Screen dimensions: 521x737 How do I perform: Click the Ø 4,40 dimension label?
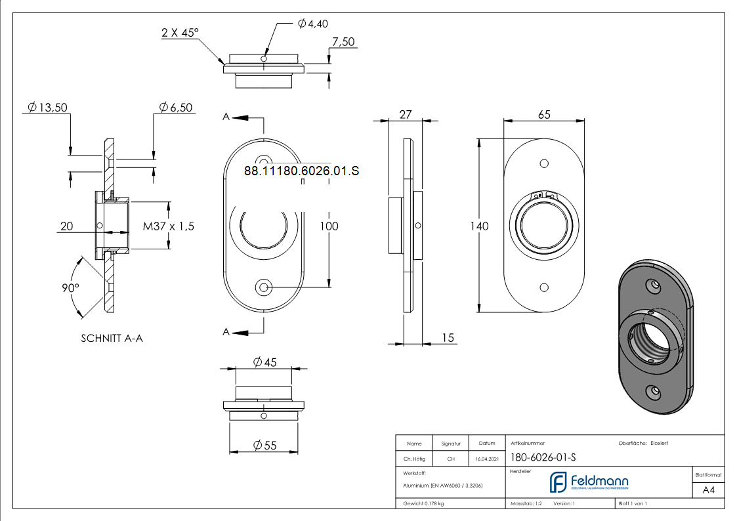click(x=312, y=24)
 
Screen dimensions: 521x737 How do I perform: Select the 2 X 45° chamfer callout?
click(x=179, y=32)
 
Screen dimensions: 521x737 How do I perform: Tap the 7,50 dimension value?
click(x=343, y=41)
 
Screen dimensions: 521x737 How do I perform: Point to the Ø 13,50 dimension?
click(x=47, y=108)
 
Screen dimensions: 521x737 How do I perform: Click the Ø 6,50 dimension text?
click(x=175, y=108)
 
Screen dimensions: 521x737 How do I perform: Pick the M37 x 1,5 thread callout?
click(x=169, y=226)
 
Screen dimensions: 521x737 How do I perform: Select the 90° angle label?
click(x=70, y=287)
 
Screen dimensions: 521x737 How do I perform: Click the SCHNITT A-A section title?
click(x=112, y=339)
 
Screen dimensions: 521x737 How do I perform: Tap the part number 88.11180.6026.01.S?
click(x=302, y=171)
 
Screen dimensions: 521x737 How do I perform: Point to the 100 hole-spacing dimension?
click(x=329, y=226)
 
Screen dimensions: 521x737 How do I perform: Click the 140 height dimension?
click(x=479, y=226)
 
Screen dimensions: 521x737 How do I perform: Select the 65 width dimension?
click(x=544, y=115)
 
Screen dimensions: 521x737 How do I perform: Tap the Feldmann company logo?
click(x=589, y=482)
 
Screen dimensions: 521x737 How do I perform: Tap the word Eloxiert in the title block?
click(x=659, y=444)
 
